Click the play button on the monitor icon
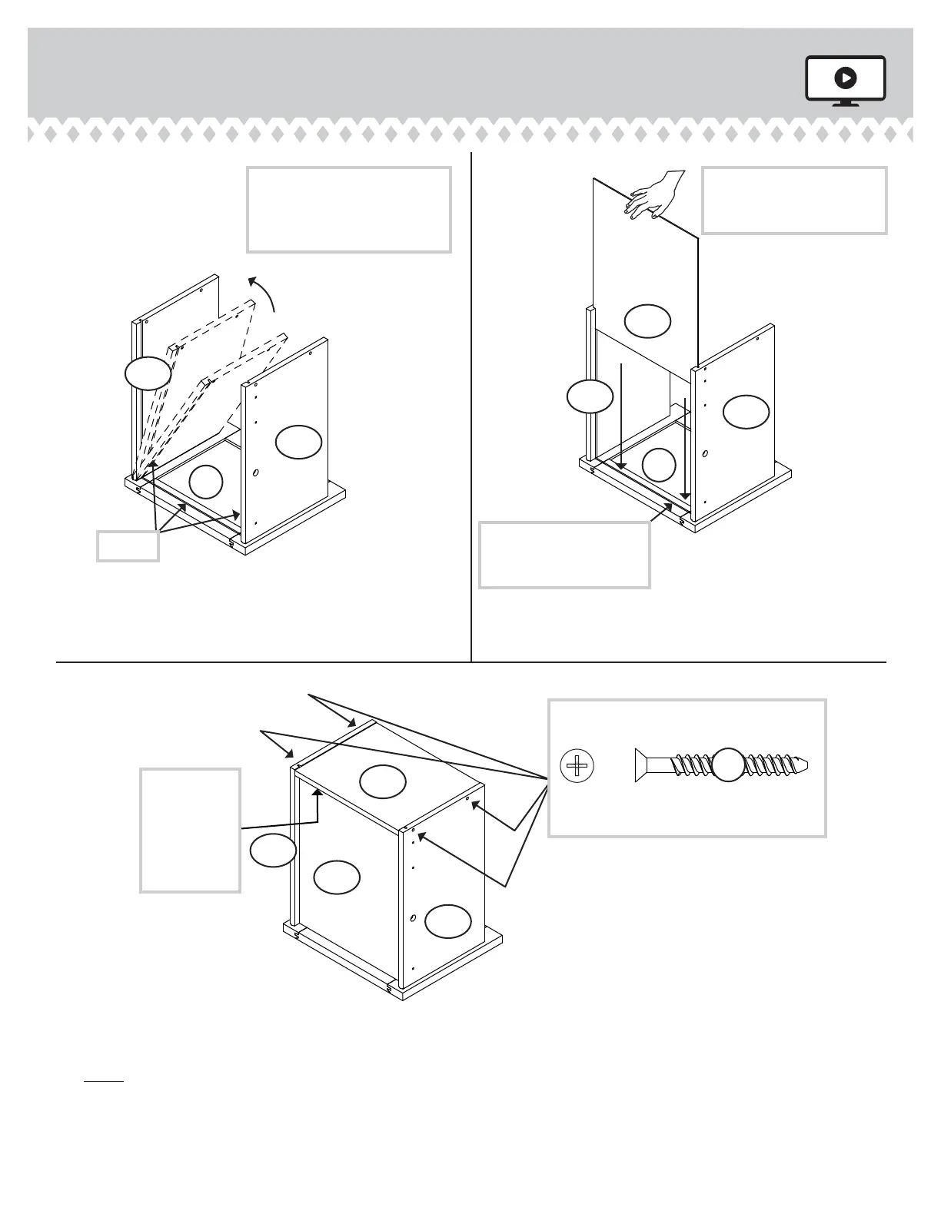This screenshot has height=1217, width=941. pos(845,77)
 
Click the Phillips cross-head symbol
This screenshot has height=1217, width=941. pos(578,766)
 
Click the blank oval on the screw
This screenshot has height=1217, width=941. pos(729,765)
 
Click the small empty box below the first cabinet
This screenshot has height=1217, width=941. pos(128,545)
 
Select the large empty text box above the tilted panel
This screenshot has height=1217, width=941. pos(348,209)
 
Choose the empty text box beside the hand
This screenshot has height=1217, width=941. pos(794,200)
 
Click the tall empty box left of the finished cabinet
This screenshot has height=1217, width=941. pos(190,830)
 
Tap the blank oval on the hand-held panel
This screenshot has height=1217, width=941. pos(647,320)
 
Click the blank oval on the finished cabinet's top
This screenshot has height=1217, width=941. pos(383,781)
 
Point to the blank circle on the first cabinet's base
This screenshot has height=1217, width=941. pos(205,482)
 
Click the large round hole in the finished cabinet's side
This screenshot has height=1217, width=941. pos(413,918)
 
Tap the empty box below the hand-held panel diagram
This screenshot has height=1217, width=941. pos(564,555)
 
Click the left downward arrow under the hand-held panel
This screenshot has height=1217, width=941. pos(620,416)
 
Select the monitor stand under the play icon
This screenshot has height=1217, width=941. pos(846,103)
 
